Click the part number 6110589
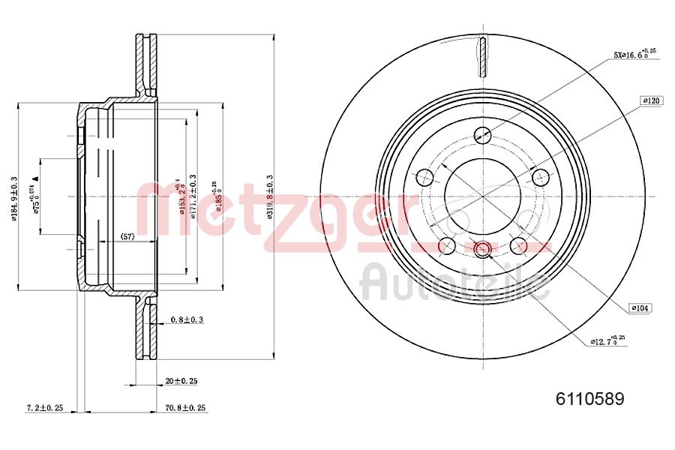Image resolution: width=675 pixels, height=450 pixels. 589,399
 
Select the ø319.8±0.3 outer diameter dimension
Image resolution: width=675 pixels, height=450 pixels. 269,197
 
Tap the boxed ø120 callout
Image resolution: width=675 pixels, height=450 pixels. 651,100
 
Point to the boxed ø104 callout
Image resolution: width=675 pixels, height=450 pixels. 640,307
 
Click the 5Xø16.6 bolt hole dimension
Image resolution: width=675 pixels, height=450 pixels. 634,53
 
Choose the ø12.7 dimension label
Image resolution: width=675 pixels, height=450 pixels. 604,341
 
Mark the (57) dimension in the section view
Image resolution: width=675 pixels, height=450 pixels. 127,237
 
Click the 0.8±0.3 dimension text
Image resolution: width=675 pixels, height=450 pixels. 187,319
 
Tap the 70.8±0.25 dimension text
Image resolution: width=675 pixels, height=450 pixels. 186,408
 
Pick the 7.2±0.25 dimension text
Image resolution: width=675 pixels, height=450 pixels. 45,408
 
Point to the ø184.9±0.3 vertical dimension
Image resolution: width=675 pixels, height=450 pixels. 14,198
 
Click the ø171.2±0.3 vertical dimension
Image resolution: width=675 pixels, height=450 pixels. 193,196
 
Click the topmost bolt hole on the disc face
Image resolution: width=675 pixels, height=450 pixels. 483,135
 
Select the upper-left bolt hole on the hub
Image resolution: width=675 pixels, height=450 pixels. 424,178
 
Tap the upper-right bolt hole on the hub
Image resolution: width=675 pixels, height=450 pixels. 541,178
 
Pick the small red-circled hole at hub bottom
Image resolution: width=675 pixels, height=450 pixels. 482,249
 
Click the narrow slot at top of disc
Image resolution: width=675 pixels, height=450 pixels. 483,55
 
